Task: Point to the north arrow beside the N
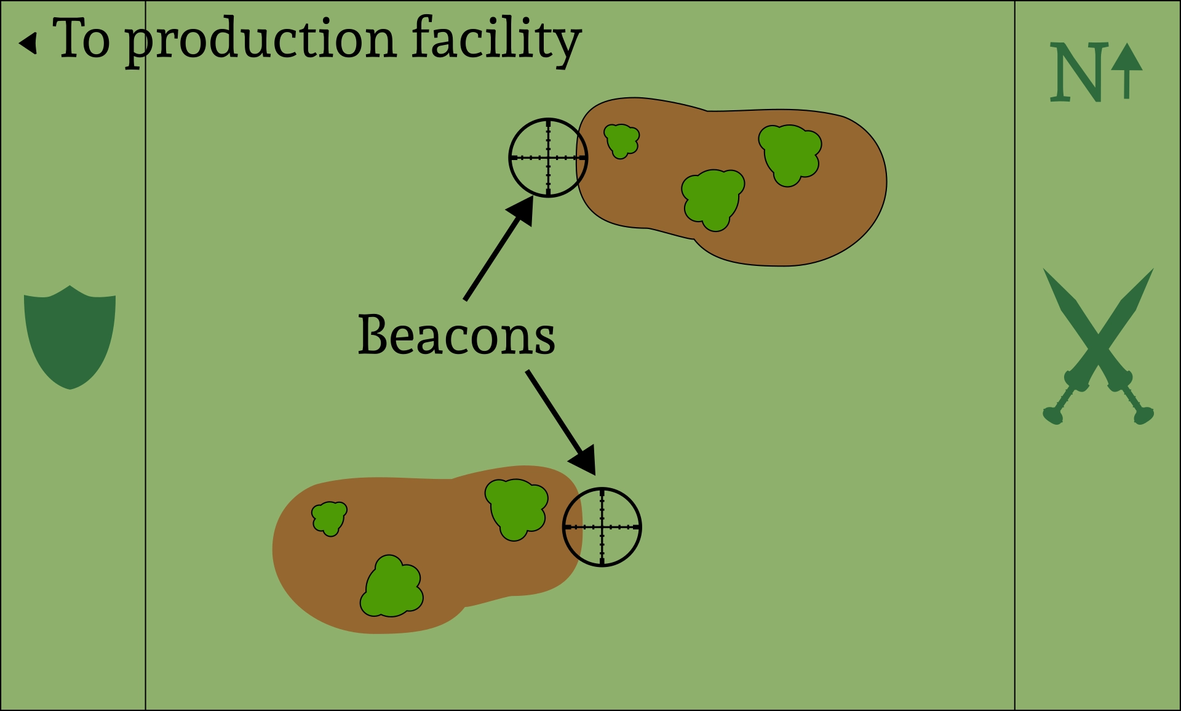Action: pos(1127,71)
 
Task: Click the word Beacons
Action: pos(456,335)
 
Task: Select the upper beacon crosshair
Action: pos(548,158)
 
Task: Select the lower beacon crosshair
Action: pos(602,527)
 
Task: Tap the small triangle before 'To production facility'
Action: pos(28,43)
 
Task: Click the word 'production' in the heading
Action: pos(261,41)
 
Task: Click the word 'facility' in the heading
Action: pos(496,39)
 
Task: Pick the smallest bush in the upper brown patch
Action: pos(622,140)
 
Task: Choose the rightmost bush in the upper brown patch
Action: pos(790,154)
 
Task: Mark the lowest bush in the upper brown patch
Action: pos(713,199)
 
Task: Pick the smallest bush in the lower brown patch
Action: pos(330,518)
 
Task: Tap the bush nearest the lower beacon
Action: pos(516,508)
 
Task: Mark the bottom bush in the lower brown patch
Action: pos(392,587)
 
